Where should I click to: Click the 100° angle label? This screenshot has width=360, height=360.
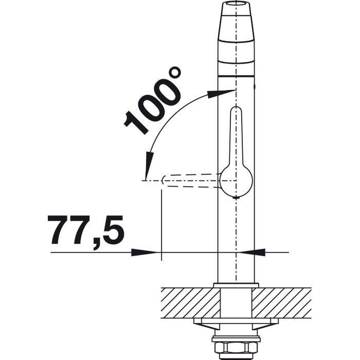click(x=152, y=100)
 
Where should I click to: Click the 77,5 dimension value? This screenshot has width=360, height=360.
click(x=86, y=231)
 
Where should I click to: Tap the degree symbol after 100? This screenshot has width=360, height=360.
click(x=175, y=73)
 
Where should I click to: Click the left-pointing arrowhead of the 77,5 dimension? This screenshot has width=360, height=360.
click(x=252, y=253)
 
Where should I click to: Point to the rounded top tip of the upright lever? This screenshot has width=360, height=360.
click(x=236, y=109)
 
